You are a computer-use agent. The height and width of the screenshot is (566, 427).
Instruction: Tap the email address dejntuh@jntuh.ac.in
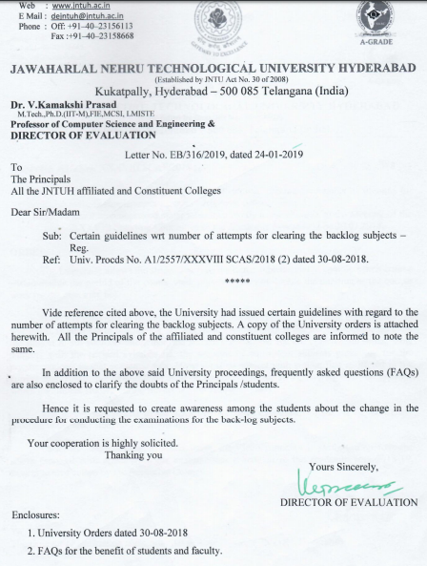click(83, 16)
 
